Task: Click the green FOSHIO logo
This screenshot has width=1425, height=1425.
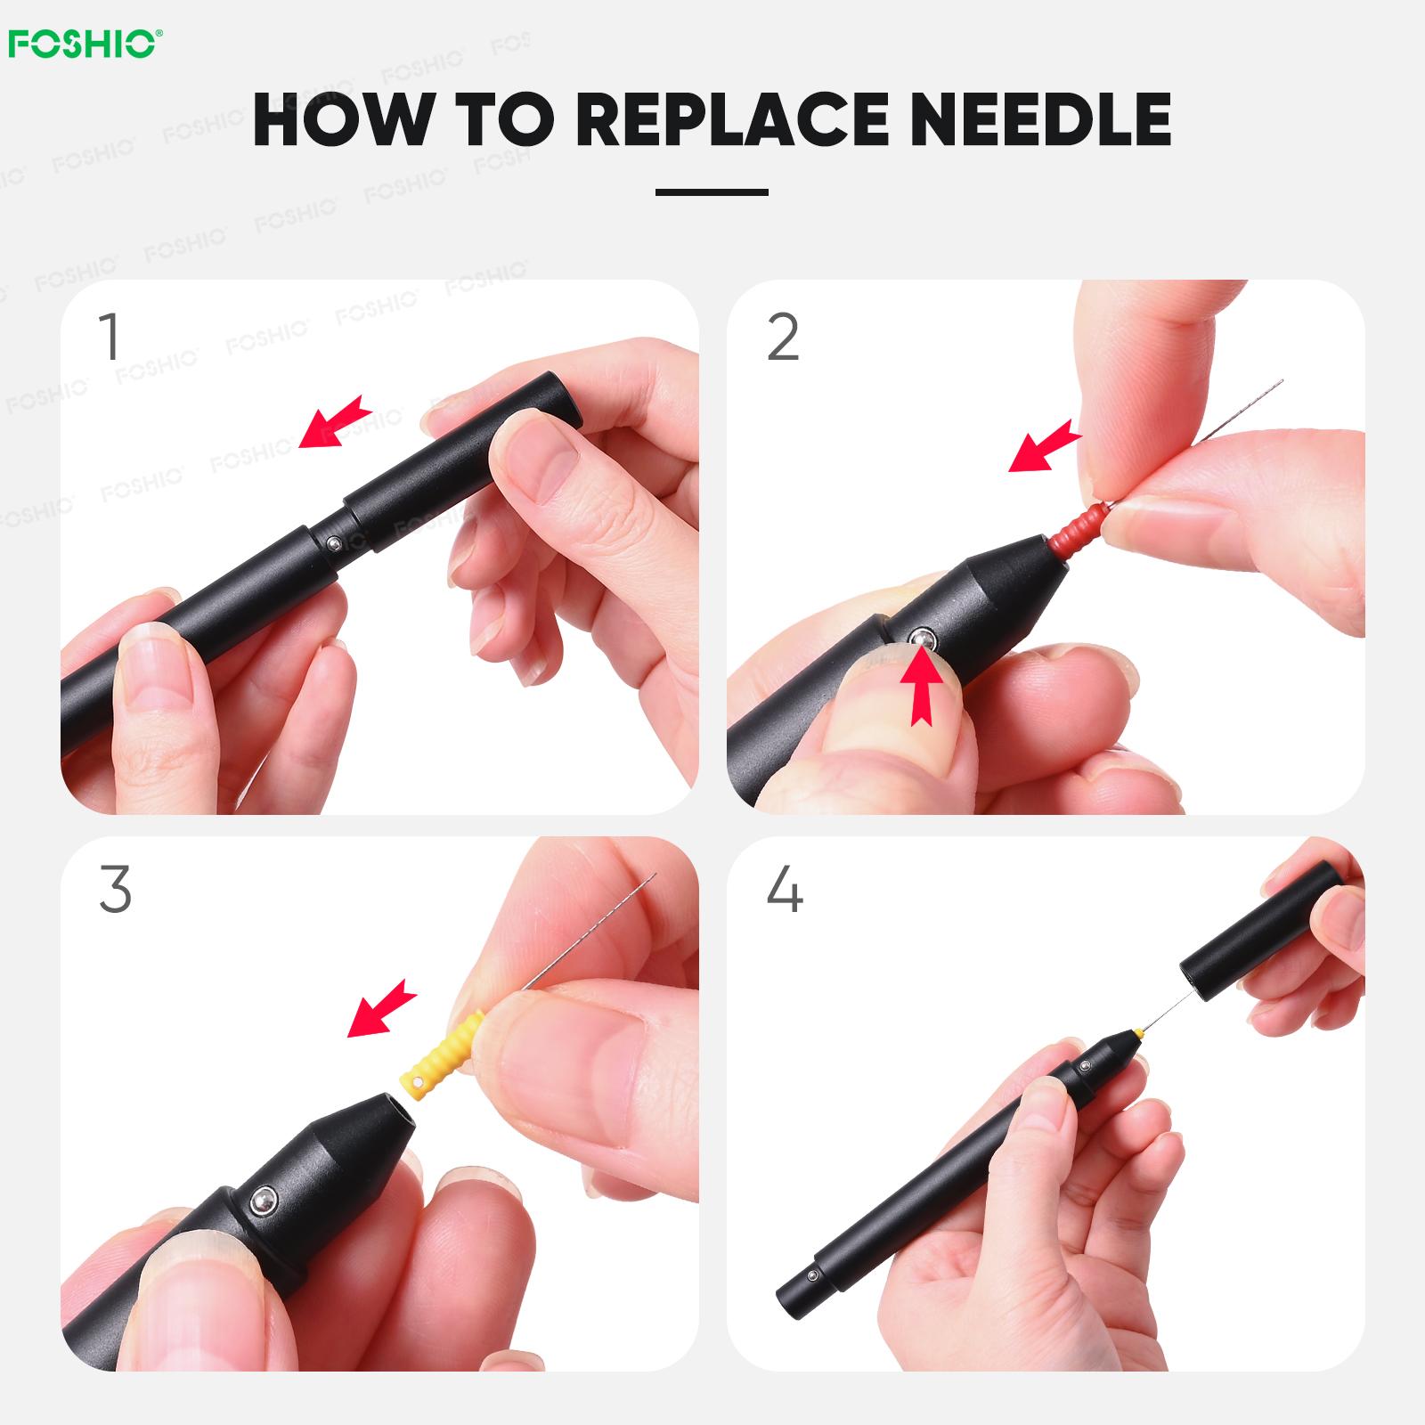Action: coord(85,44)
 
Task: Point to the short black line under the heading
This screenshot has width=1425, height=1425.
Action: coord(712,191)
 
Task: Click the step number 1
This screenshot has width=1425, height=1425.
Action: coord(110,337)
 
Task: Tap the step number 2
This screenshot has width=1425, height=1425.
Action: coord(783,337)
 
